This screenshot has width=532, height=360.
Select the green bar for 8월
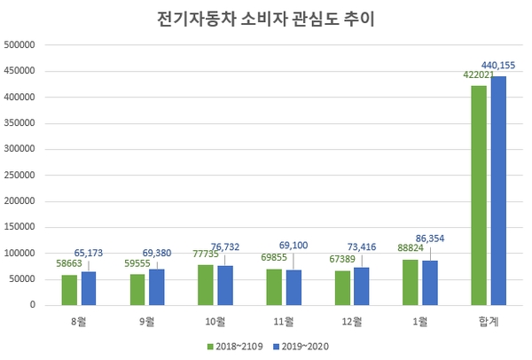tap(68, 290)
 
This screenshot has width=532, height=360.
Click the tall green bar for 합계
tap(479, 195)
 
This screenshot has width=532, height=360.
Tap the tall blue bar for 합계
tap(498, 191)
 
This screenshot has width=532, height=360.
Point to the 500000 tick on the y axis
tap(20, 44)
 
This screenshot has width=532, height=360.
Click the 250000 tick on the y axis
tap(20, 175)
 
